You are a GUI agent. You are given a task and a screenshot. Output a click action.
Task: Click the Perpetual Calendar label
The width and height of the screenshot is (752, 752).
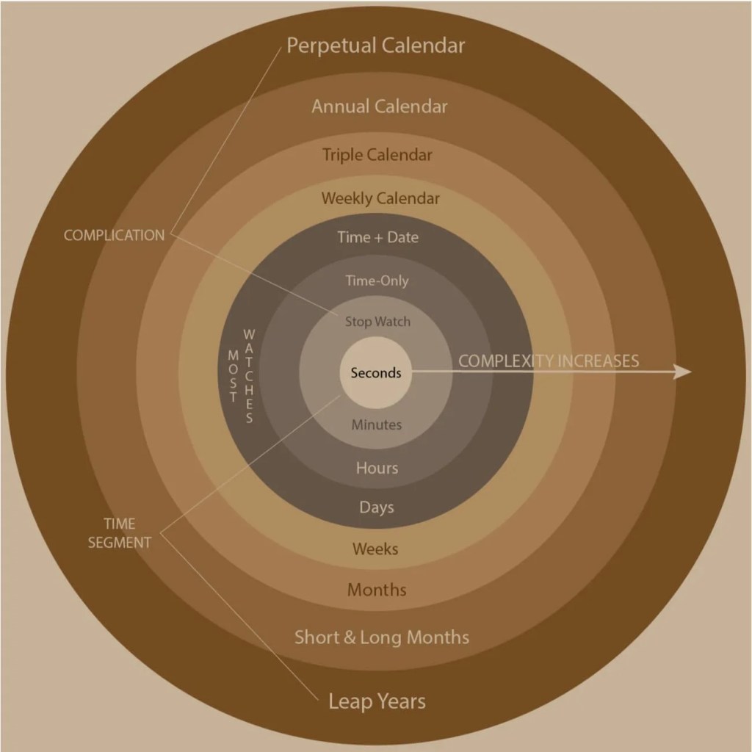click(375, 46)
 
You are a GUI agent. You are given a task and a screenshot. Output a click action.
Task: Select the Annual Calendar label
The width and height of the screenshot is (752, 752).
click(379, 106)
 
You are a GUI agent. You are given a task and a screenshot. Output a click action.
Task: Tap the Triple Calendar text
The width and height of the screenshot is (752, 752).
click(377, 155)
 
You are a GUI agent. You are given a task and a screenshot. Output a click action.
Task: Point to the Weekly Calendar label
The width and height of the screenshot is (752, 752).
click(380, 198)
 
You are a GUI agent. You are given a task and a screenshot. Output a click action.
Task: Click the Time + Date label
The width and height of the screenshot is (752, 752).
click(377, 237)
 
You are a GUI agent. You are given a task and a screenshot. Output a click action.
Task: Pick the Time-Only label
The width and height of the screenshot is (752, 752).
click(377, 281)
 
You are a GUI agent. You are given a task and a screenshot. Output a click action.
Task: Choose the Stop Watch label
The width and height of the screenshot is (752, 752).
click(377, 322)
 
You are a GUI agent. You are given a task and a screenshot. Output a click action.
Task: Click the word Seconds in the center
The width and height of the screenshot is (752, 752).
click(376, 373)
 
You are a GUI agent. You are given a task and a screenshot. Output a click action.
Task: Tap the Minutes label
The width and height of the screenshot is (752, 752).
click(376, 424)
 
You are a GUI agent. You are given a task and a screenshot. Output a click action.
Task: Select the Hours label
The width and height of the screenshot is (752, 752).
click(377, 468)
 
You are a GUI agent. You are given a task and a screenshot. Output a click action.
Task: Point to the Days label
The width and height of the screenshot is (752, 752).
click(377, 507)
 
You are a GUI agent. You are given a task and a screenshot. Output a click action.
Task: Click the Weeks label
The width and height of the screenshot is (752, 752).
click(375, 549)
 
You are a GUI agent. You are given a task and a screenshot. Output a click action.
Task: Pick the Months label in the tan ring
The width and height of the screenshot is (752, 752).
click(377, 590)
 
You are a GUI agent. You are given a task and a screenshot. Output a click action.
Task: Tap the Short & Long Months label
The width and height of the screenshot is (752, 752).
click(381, 637)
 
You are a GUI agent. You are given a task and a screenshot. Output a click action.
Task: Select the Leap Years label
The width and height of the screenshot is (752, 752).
click(377, 701)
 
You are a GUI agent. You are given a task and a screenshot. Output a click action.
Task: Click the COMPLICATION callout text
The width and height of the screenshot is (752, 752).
click(114, 236)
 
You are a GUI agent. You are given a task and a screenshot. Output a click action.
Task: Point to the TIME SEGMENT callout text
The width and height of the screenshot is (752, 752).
click(119, 533)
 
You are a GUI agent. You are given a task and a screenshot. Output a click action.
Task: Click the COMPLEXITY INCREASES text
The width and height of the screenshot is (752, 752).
click(549, 361)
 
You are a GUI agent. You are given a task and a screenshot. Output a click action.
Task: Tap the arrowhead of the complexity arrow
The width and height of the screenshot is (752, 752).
click(683, 372)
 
